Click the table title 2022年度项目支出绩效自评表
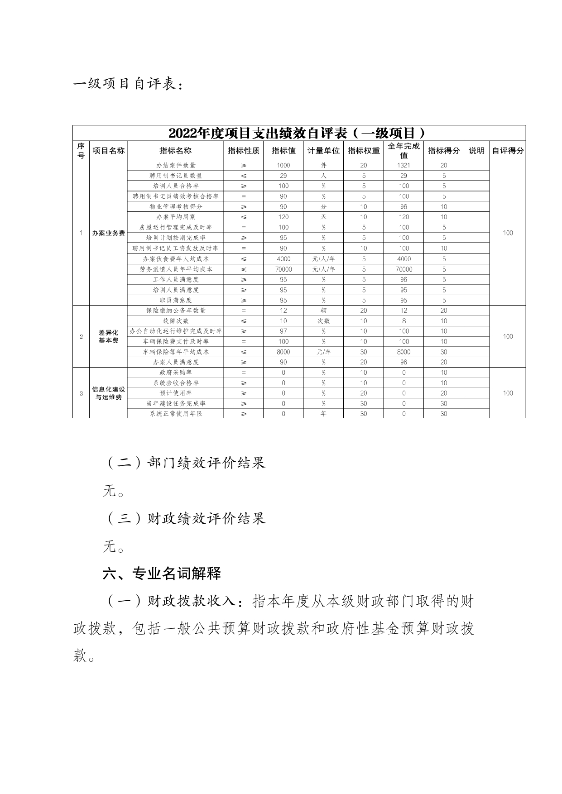pyautogui.click(x=298, y=134)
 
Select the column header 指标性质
pyautogui.click(x=244, y=151)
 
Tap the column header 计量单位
pyautogui.click(x=323, y=151)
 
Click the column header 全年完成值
pyautogui.click(x=403, y=150)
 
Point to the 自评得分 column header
pyautogui.click(x=508, y=151)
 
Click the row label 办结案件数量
pyautogui.click(x=176, y=165)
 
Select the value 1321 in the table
pyautogui.click(x=403, y=165)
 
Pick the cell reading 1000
pyautogui.click(x=283, y=165)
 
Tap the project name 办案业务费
pyautogui.click(x=108, y=233)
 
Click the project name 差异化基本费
pyautogui.click(x=108, y=336)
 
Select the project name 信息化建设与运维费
pyautogui.click(x=108, y=393)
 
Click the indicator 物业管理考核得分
pyautogui.click(x=176, y=206)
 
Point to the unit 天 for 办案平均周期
pyautogui.click(x=323, y=217)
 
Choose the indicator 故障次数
pyautogui.click(x=176, y=321)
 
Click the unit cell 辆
pyautogui.click(x=323, y=311)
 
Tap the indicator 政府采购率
pyautogui.click(x=176, y=373)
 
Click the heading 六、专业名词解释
pyautogui.click(x=162, y=574)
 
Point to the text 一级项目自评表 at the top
pyautogui.click(x=129, y=84)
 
